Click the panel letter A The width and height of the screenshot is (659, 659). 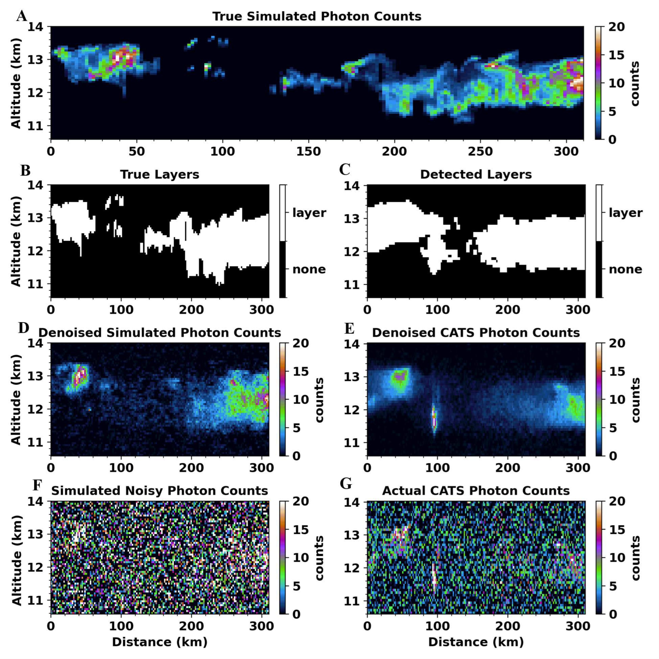click(x=22, y=16)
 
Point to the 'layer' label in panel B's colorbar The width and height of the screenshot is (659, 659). click(x=309, y=213)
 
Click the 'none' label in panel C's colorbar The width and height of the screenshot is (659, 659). click(x=625, y=269)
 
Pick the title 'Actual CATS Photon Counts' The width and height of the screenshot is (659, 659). click(x=476, y=491)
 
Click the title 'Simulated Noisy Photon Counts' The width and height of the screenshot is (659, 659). click(x=160, y=491)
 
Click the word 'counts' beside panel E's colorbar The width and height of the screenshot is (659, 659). click(x=635, y=400)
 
